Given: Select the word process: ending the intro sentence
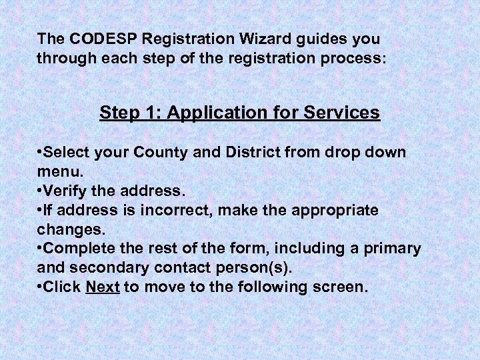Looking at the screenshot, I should tap(351, 58).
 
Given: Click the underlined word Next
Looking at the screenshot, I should tap(103, 288).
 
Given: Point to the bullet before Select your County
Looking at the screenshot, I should tap(41, 153).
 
